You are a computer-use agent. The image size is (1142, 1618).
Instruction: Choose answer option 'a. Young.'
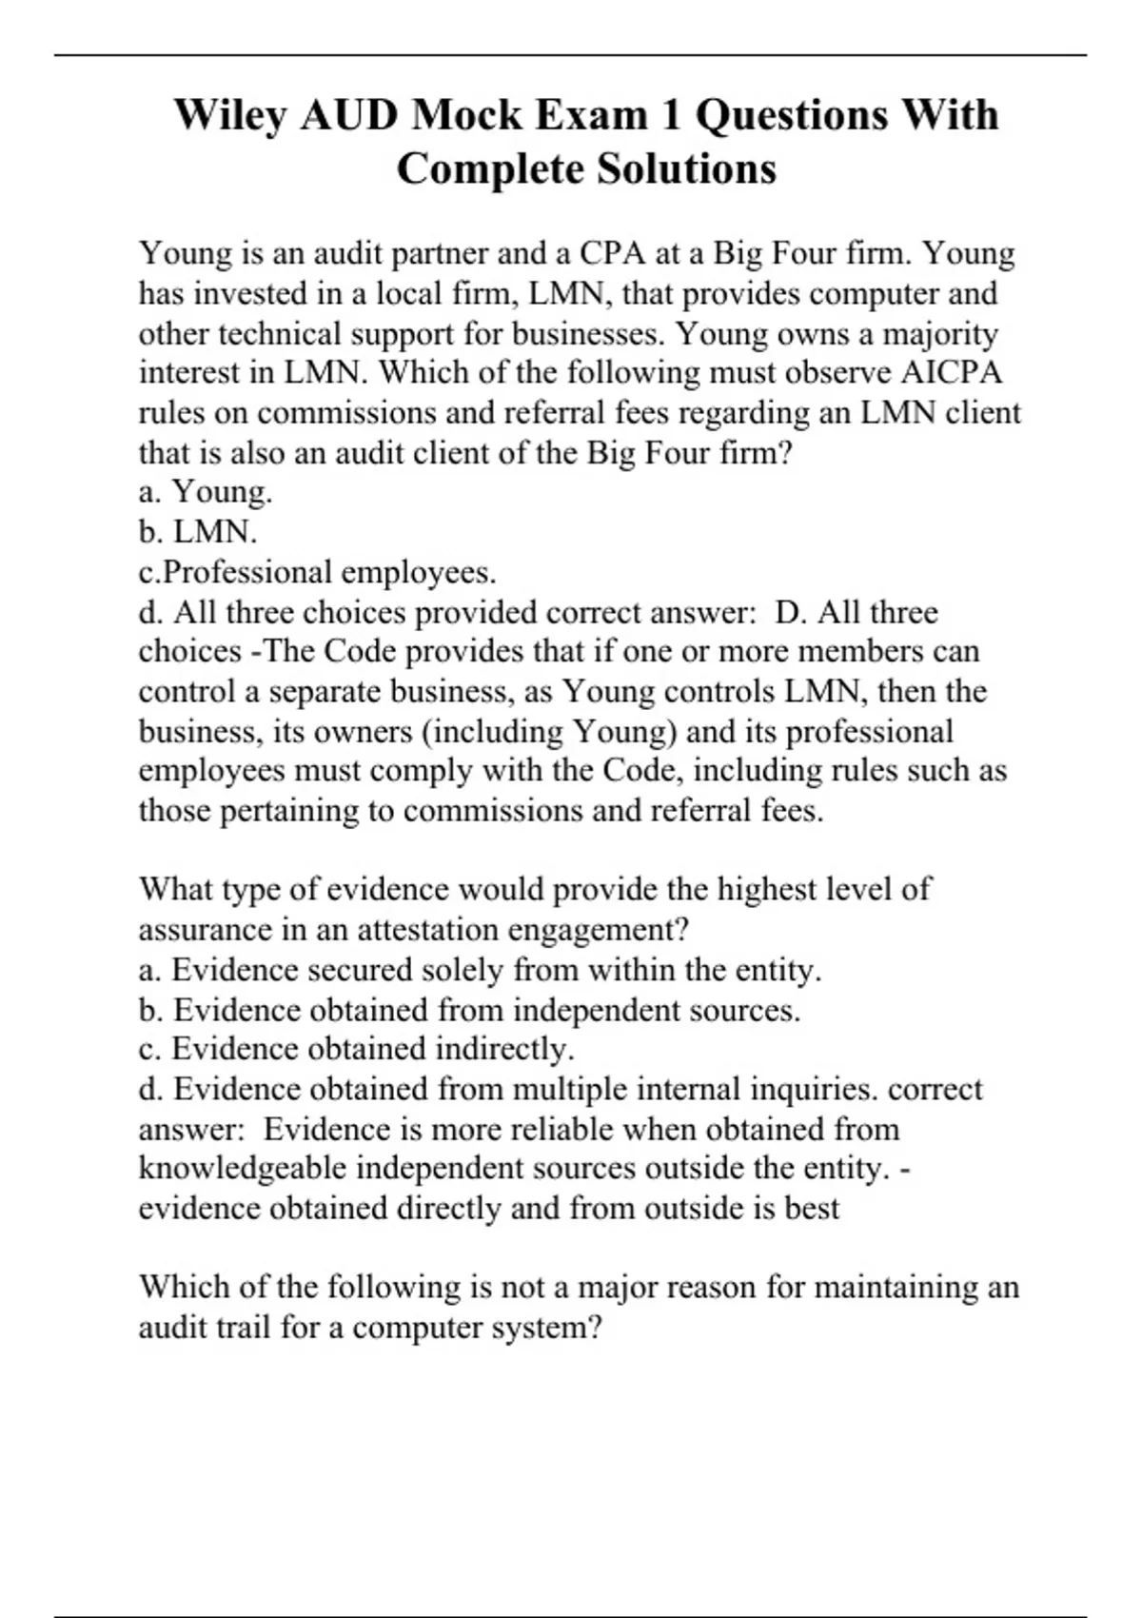(206, 492)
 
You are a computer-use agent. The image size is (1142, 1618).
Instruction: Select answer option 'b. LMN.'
(198, 532)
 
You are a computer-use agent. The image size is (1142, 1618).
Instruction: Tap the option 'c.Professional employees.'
(317, 572)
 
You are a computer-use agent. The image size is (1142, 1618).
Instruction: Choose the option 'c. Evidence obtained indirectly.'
(357, 1049)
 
